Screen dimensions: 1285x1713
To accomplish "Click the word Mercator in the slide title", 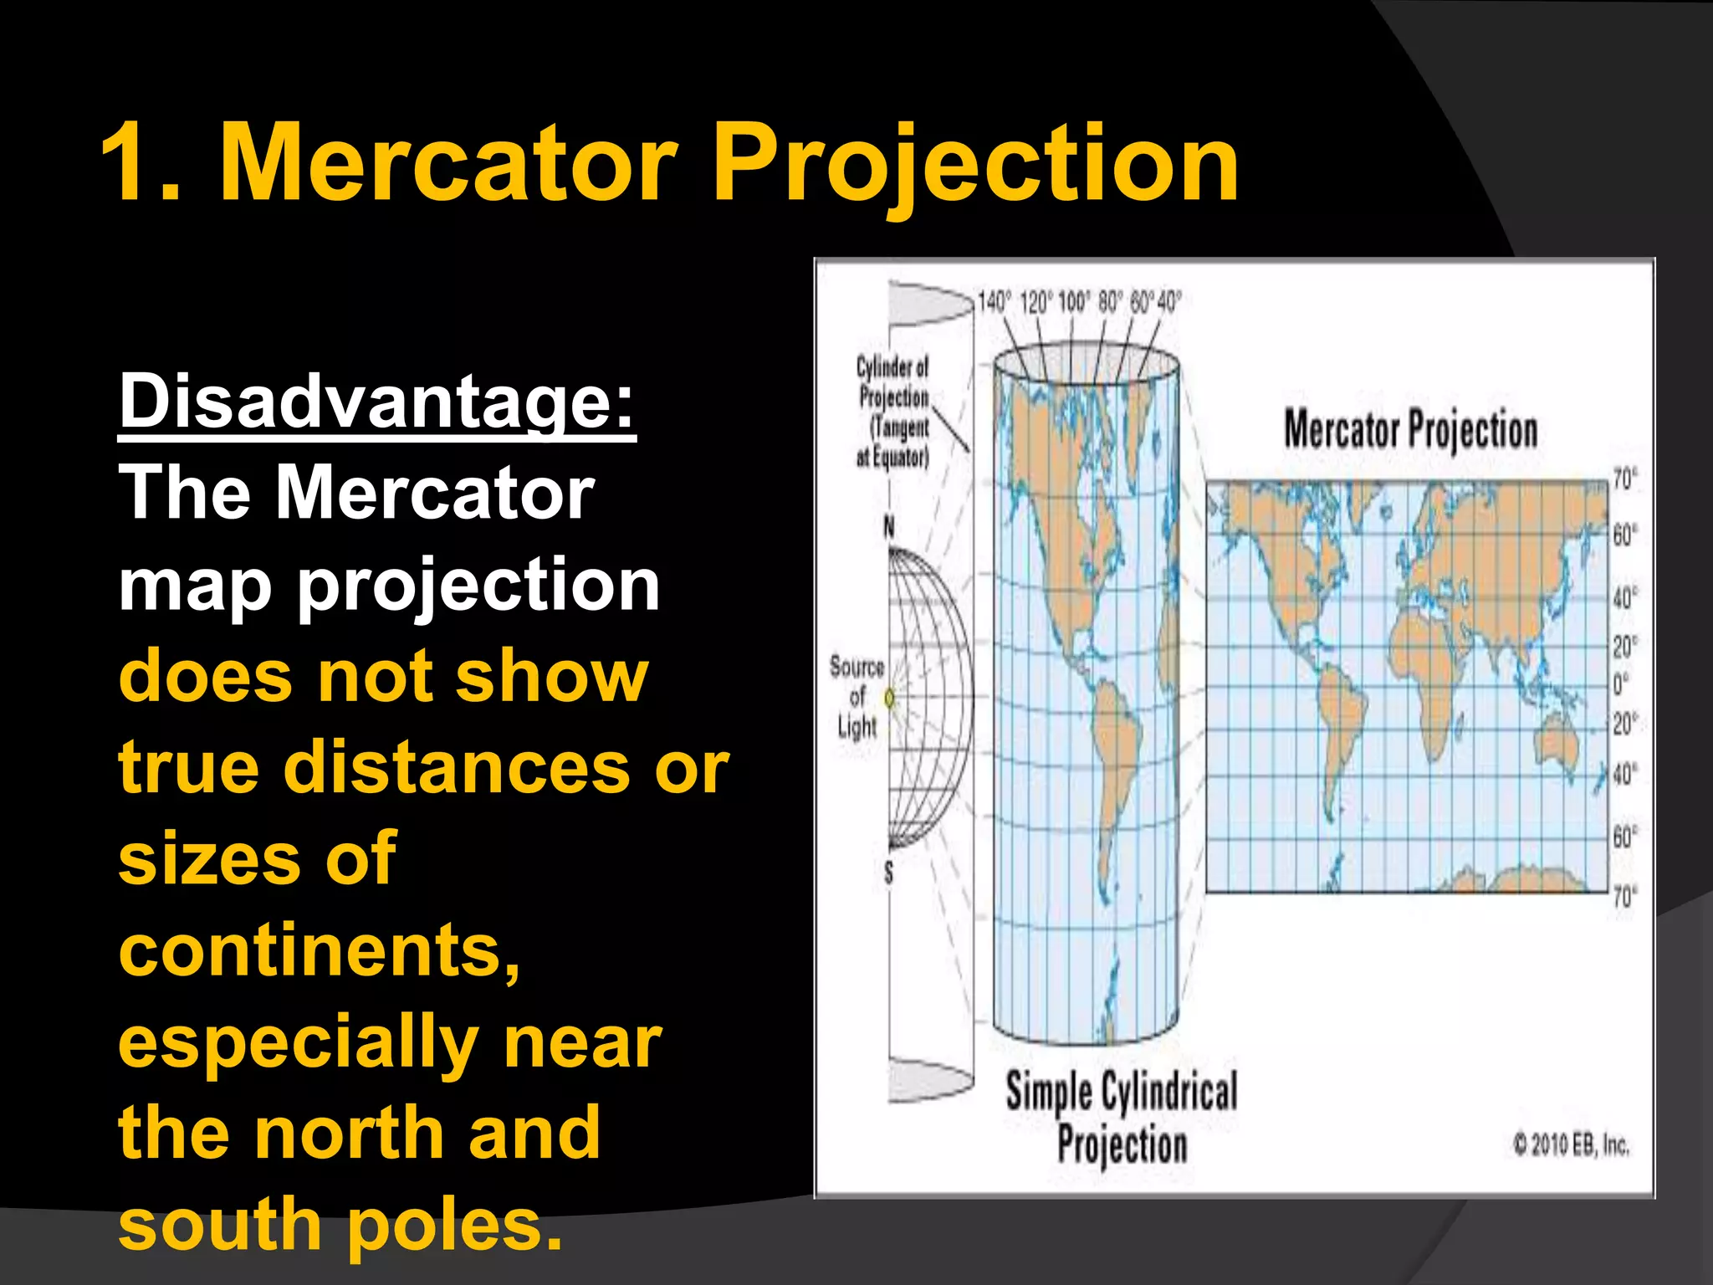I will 447,162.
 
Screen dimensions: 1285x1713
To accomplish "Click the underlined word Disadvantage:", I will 377,401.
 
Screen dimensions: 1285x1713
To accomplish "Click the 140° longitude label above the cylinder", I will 994,302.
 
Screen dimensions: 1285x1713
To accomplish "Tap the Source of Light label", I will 856,697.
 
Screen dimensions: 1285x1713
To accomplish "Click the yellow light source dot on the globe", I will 890,697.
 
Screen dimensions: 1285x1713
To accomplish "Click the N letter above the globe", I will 888,527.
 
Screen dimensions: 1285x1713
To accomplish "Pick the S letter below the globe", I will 888,873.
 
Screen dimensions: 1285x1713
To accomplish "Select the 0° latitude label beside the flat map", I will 1620,684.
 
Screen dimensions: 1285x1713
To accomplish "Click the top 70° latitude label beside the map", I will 1624,479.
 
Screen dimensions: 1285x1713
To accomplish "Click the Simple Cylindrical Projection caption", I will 1121,1118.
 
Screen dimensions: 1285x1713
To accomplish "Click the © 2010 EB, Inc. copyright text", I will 1571,1144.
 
